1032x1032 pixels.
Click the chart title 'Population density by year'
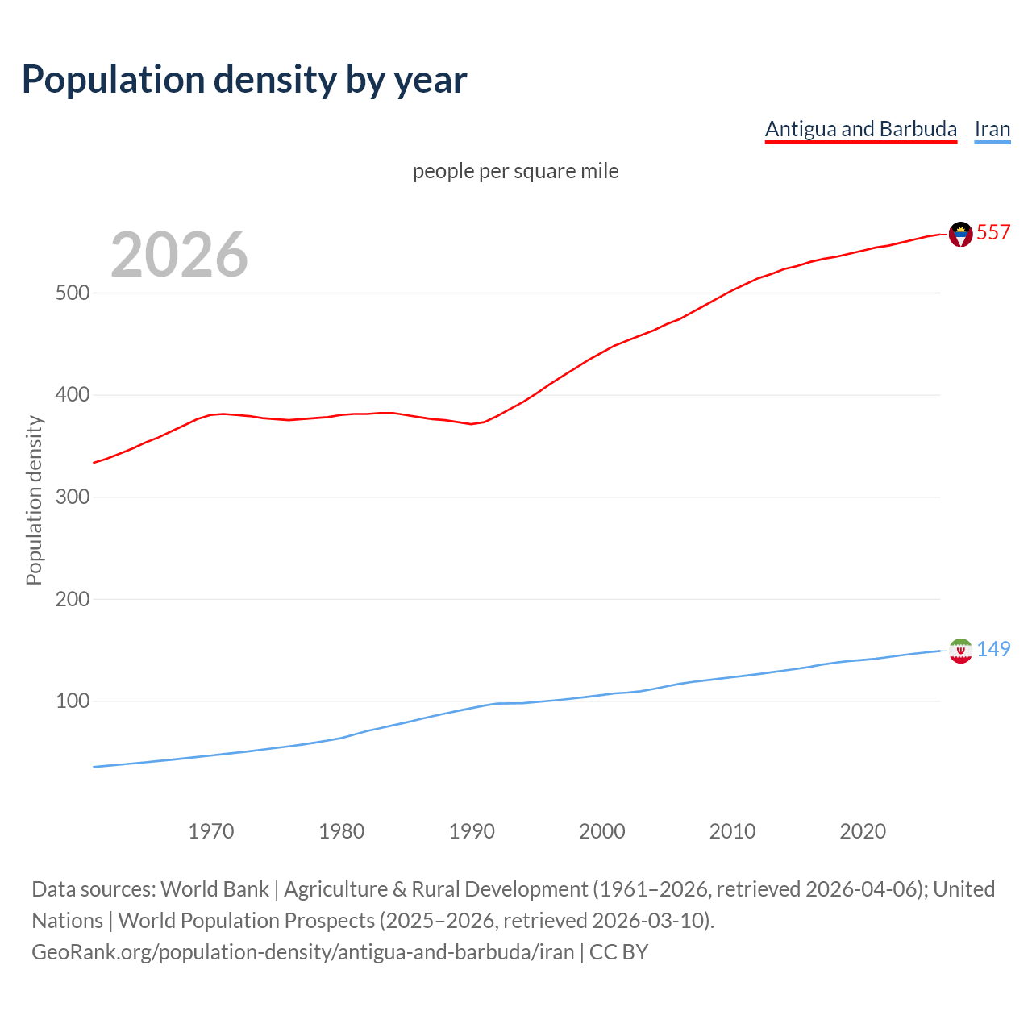[244, 79]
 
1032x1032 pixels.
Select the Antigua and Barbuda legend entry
[860, 129]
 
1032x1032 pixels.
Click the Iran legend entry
[992, 129]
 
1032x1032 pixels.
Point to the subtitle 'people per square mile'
[515, 171]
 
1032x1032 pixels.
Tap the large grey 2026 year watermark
[179, 254]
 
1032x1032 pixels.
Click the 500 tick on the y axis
[72, 293]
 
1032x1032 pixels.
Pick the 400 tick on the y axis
[72, 395]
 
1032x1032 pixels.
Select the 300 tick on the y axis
[72, 497]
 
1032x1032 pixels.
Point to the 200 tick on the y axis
[72, 599]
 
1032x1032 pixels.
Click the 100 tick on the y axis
[72, 701]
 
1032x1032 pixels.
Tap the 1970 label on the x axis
[211, 831]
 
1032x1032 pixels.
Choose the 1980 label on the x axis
[341, 831]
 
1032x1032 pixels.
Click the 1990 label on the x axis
[472, 831]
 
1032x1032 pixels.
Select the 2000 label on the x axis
[602, 831]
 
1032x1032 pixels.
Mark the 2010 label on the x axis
[732, 831]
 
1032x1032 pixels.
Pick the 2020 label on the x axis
[863, 831]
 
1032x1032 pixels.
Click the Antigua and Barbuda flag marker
[960, 234]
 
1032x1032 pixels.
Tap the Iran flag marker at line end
[960, 651]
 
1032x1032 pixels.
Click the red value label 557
[993, 232]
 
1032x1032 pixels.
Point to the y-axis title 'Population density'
[34, 500]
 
